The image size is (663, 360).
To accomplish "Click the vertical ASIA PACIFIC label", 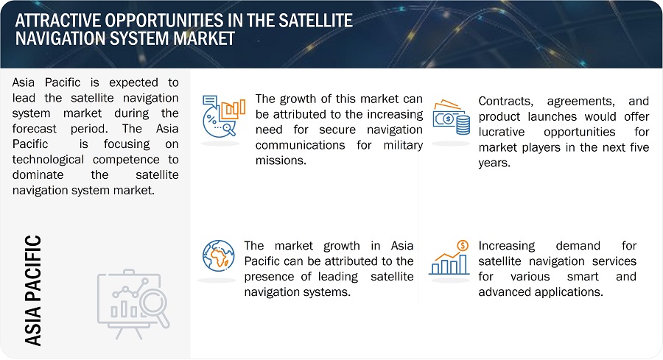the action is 33,290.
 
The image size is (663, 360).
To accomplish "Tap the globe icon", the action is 218,255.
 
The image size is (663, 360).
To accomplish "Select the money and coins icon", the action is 451,117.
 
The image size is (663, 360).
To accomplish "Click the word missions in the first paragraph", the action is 281,160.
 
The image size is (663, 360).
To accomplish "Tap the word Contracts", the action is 505,102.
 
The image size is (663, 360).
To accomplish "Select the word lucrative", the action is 502,132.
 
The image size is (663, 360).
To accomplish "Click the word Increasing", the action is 507,246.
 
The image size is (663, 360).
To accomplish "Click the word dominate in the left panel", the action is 38,175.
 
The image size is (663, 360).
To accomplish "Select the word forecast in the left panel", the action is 34,128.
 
